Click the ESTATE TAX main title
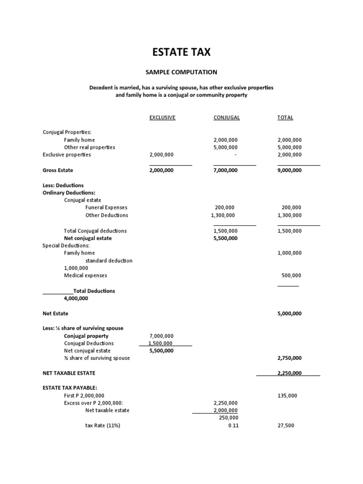(181, 52)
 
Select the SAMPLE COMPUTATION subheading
(181, 72)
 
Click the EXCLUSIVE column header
(162, 118)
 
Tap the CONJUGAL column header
(226, 118)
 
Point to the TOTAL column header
(285, 118)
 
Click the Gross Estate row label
(58, 170)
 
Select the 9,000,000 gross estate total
(288, 170)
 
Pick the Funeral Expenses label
(106, 207)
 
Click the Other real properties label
(89, 147)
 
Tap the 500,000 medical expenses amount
(291, 276)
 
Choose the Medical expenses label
(86, 276)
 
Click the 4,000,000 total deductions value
(76, 298)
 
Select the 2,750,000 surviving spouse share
(288, 358)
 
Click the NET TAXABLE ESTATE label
(69, 373)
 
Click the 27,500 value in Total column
(286, 425)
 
